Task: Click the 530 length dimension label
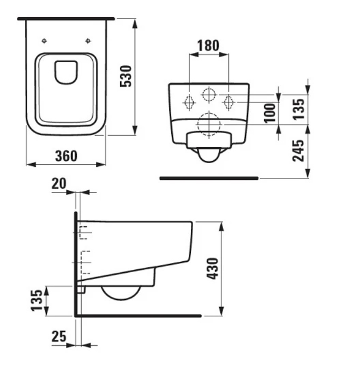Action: coord(126,76)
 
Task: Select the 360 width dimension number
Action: coord(66,156)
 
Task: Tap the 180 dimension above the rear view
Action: coord(208,46)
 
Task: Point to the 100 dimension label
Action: coord(269,113)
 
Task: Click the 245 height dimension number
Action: coord(298,151)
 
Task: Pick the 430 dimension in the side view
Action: coord(212,268)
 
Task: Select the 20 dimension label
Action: coord(59,184)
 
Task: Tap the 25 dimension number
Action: coord(59,336)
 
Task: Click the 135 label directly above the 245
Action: coord(298,109)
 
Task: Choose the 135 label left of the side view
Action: coord(37,300)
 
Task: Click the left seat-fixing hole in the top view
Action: coord(44,41)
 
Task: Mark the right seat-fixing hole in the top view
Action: coord(88,41)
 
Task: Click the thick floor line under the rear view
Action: coord(209,178)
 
